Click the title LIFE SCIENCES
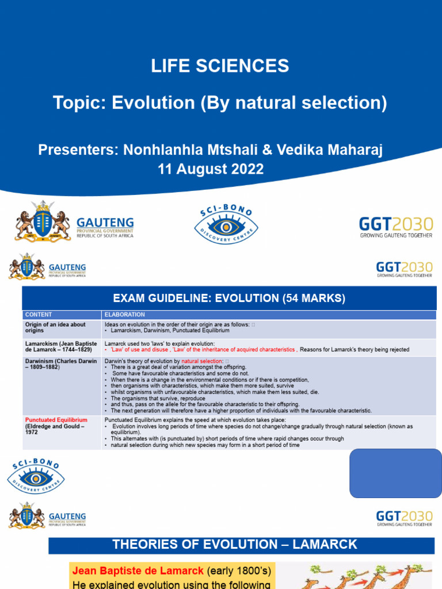(220, 66)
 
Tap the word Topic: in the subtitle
(79, 103)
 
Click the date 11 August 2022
(211, 169)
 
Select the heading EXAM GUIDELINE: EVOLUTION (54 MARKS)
(229, 298)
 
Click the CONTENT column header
(39, 315)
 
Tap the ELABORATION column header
(124, 315)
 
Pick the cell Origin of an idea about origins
(55, 327)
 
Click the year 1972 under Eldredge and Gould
(31, 433)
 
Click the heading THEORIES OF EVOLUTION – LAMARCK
(235, 544)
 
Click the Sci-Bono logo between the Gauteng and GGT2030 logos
(226, 223)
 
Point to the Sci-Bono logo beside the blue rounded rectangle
(36, 476)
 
